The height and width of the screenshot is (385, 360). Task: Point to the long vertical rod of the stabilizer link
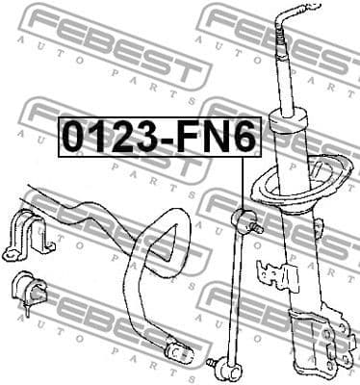[242, 289]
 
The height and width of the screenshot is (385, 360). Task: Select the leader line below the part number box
[241, 178]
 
